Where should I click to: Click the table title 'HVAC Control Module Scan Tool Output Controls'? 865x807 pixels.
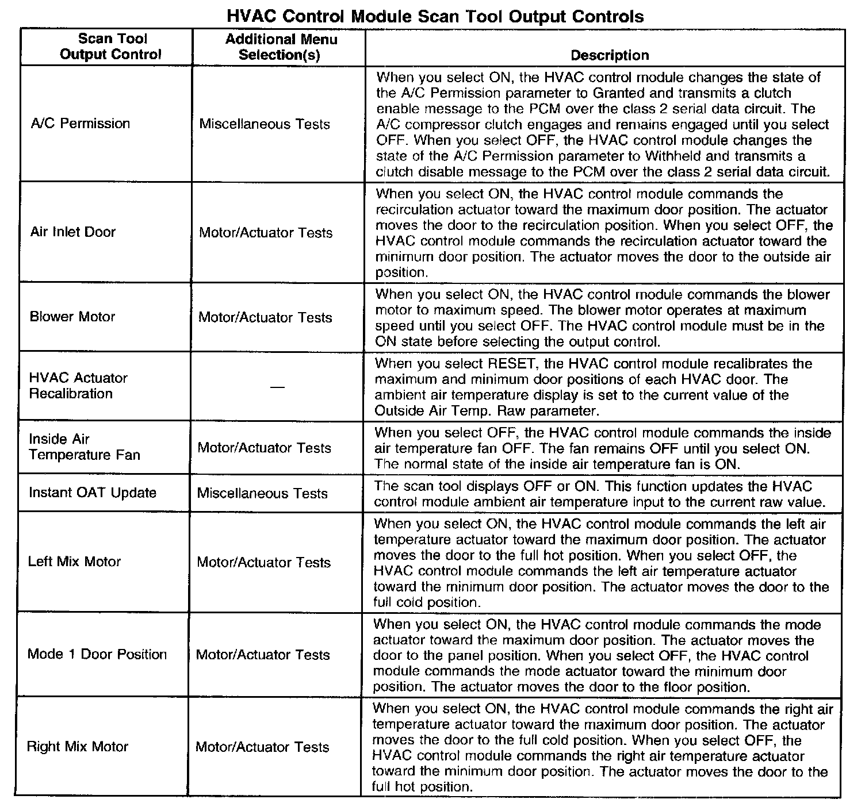435,16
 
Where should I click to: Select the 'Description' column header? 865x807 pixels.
610,55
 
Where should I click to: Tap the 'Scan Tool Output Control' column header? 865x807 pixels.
111,47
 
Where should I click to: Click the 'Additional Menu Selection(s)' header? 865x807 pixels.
281,47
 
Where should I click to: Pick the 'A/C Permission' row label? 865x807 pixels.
81,124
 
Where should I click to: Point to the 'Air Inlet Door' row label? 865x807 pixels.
73,232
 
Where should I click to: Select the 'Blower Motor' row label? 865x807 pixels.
72,317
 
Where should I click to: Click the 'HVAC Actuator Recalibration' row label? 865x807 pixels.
78,386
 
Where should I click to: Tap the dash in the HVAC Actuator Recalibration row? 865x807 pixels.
277,386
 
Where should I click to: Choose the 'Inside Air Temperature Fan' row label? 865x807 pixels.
84,447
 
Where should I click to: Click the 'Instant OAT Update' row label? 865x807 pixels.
93,493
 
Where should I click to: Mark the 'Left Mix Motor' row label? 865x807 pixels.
74,562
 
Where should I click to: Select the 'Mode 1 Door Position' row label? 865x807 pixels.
97,654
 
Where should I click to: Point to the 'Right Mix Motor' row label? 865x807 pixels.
78,747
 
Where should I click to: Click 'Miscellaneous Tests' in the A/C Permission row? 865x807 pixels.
265,124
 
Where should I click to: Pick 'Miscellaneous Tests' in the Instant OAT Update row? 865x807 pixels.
262,494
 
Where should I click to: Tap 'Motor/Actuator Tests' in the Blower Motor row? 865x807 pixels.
265,317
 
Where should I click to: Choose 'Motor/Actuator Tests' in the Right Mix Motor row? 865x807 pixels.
262,747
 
